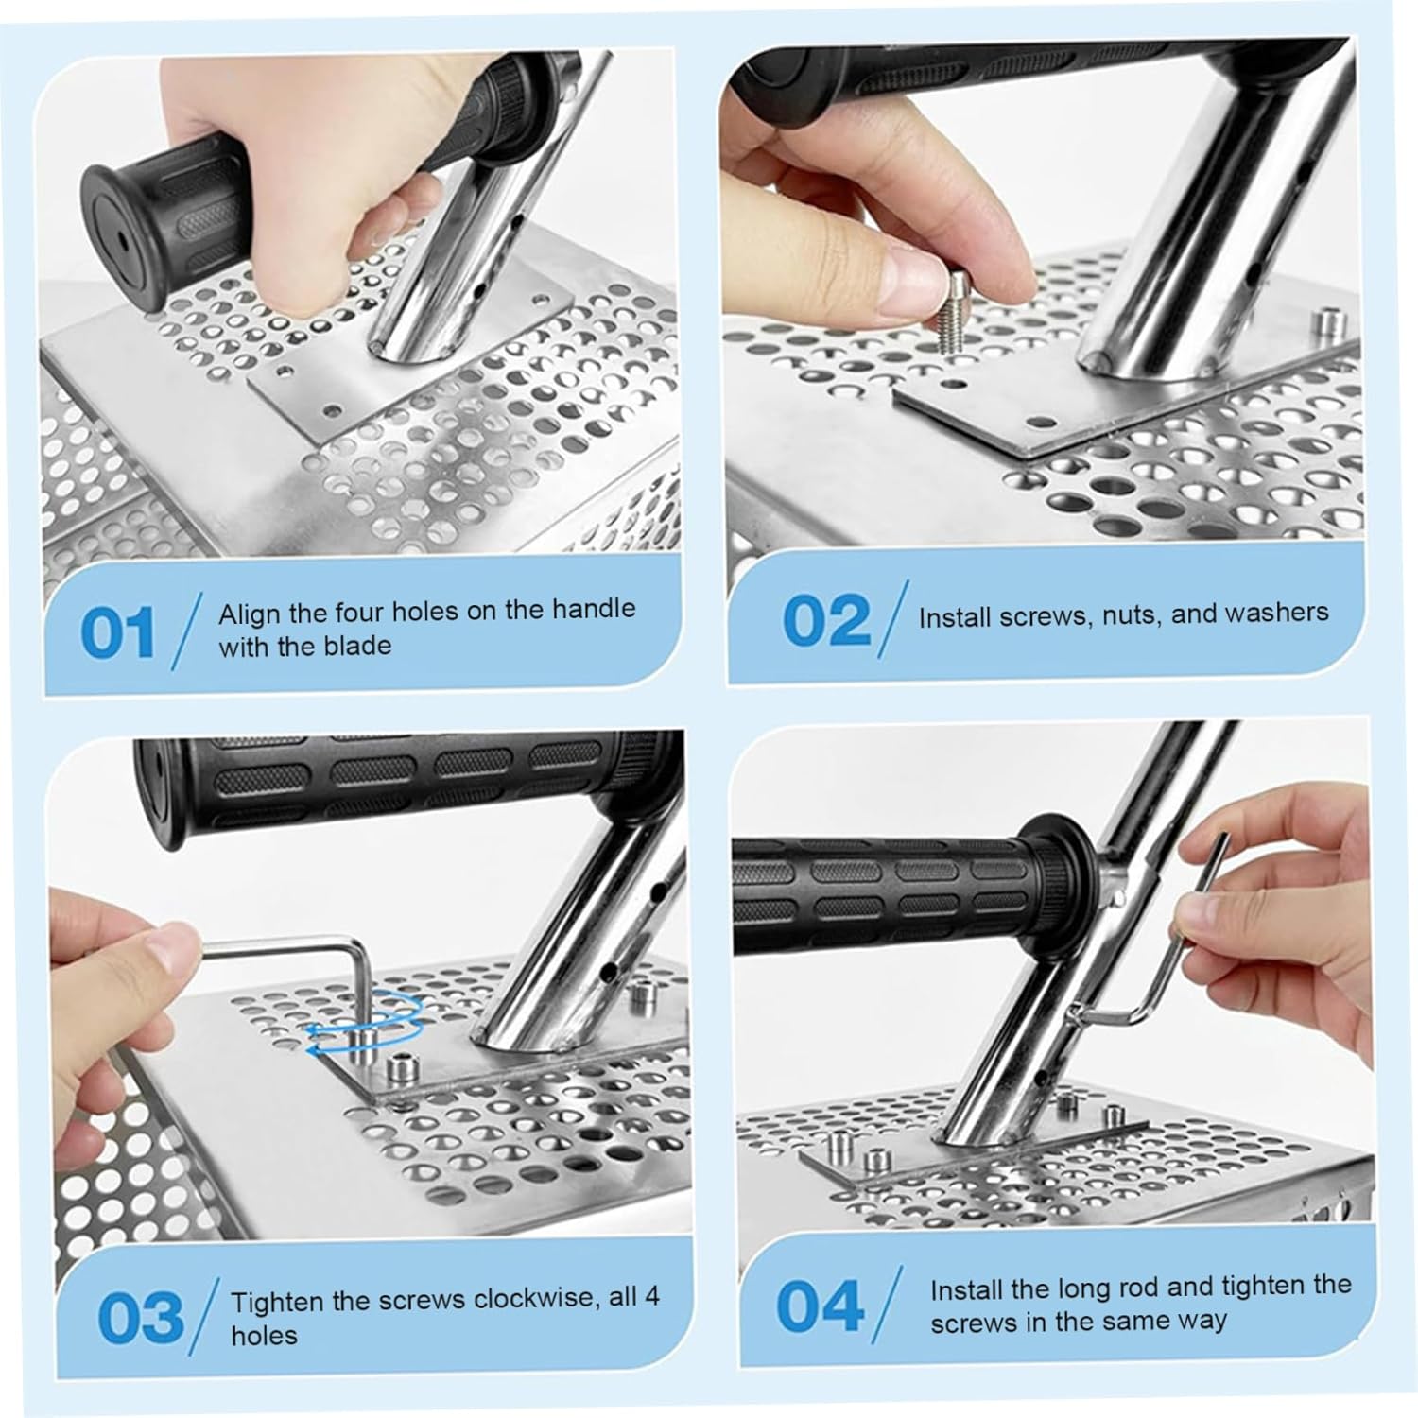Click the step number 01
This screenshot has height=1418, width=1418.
point(117,632)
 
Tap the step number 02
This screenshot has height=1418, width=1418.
point(825,621)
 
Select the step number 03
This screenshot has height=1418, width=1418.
point(141,1317)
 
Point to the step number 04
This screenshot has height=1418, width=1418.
point(820,1306)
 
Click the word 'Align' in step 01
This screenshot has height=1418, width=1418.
point(248,614)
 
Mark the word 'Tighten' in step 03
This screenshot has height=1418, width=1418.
point(279,1302)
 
